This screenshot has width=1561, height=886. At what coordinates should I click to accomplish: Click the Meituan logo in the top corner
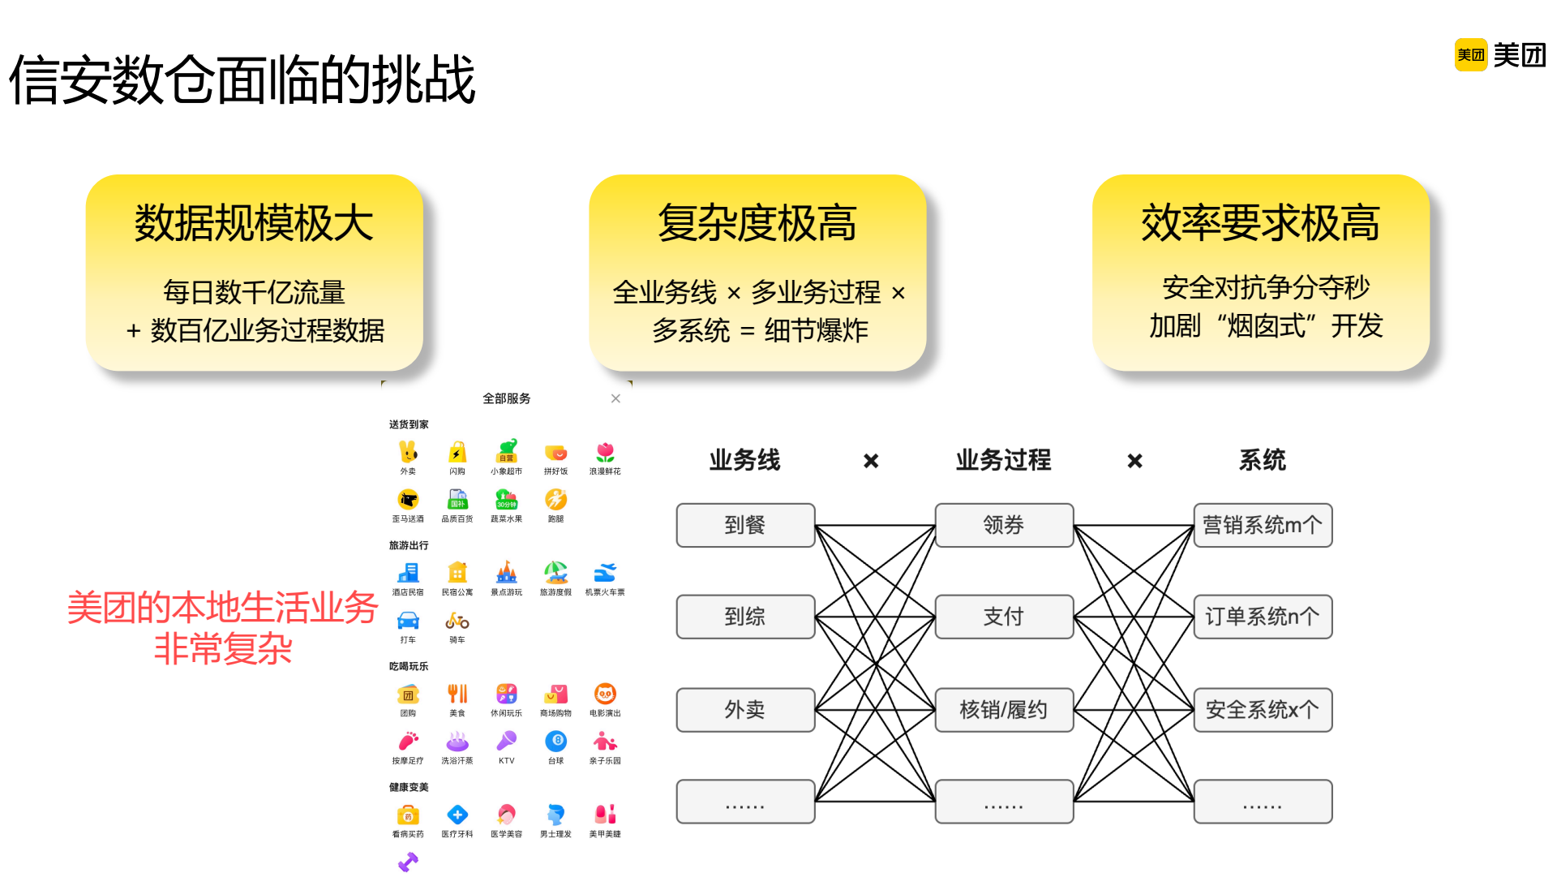pos(1500,55)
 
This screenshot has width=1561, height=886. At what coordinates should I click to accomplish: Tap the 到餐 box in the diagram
pos(745,525)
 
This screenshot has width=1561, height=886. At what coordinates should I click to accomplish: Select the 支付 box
pos(1004,617)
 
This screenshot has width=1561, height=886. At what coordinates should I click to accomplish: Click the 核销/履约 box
pos(1004,710)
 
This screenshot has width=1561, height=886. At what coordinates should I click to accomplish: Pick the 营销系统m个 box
pos(1263,525)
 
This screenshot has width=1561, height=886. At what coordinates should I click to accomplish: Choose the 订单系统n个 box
pos(1263,617)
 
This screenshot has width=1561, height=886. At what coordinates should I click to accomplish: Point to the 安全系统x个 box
pos(1263,710)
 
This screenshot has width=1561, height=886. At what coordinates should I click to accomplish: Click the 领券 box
pos(1004,525)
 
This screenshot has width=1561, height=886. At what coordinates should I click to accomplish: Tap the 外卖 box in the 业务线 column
pos(745,710)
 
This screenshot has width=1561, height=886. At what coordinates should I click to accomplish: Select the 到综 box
pos(745,617)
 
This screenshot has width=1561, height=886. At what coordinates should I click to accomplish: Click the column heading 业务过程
pos(1003,460)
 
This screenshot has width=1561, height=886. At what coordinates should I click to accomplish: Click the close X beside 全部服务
pos(615,398)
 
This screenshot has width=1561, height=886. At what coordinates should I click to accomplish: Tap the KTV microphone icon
pos(507,741)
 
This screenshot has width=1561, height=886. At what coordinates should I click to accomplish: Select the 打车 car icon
pos(408,621)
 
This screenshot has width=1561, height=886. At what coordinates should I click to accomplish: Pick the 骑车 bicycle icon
pos(457,621)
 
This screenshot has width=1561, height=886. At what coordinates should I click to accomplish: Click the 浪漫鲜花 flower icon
pos(605,452)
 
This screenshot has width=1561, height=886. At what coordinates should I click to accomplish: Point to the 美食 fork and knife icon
pos(457,694)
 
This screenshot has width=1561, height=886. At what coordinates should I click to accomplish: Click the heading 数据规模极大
pos(254,223)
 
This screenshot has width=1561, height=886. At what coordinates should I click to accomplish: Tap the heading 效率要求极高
pos(1260,223)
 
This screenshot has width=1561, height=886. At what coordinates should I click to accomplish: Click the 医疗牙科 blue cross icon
pos(457,815)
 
